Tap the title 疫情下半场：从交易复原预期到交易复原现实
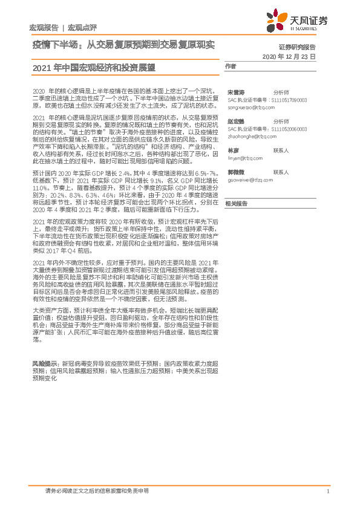[x=123, y=45]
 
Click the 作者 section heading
[x=230, y=66]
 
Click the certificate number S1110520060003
[x=287, y=129]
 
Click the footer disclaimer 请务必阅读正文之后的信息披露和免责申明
[x=97, y=490]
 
